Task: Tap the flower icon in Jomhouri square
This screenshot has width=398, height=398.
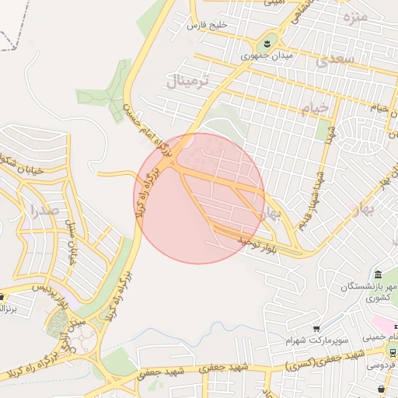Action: (x=266, y=40)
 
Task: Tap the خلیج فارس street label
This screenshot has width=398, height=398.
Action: (x=208, y=25)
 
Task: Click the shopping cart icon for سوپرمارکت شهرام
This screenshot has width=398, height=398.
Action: (x=317, y=329)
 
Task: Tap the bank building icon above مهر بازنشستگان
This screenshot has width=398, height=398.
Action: (x=377, y=274)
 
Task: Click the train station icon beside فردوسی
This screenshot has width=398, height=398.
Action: (x=392, y=351)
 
